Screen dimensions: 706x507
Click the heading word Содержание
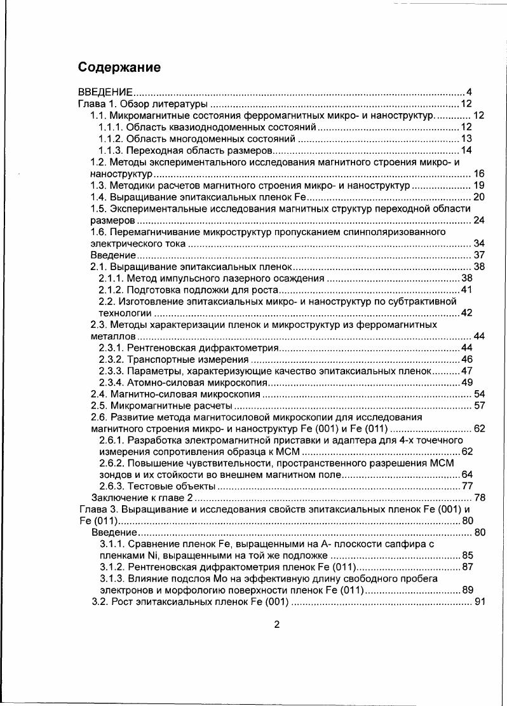(119, 67)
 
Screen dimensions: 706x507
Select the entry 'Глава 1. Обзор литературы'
(143, 104)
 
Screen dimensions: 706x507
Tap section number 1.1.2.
(111, 139)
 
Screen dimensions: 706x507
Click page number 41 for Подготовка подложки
(466, 290)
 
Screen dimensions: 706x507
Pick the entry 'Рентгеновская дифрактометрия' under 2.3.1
(203, 348)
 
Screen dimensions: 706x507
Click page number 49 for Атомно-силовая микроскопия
(466, 383)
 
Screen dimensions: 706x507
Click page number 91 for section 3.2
(480, 602)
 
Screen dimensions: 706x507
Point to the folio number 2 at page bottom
(276, 624)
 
